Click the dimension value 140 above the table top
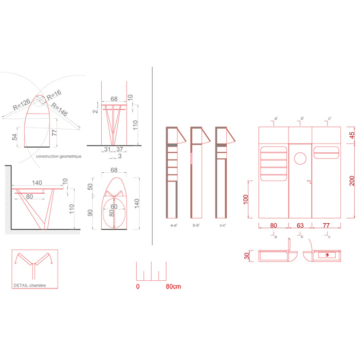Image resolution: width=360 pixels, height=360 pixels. [x=37, y=182]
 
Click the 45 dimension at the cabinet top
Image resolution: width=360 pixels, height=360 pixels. [x=352, y=135]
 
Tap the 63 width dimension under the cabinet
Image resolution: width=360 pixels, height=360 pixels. [x=300, y=225]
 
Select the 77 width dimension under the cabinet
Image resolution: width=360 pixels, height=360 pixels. [x=326, y=225]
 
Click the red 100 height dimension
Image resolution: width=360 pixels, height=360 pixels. [x=246, y=200]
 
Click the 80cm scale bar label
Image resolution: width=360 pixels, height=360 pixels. [x=173, y=286]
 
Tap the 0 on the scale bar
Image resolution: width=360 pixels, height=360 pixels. [x=138, y=286]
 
